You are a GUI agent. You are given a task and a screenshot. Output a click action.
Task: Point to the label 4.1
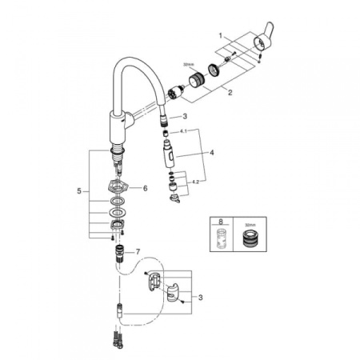(x=183, y=131)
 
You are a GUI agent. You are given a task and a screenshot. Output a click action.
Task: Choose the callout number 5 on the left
(x=79, y=191)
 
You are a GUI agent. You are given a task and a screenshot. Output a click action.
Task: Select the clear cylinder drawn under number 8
(x=219, y=237)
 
